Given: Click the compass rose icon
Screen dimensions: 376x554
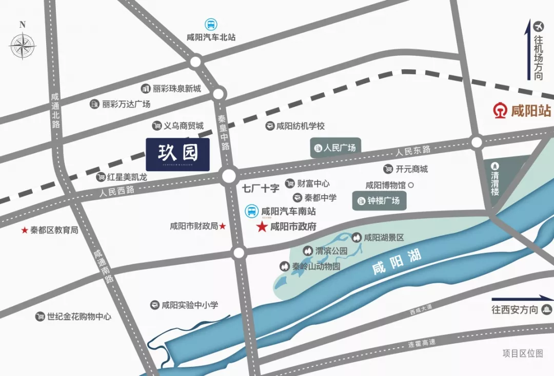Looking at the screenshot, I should [x=23, y=46].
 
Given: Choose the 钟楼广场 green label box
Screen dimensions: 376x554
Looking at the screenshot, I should [x=379, y=200].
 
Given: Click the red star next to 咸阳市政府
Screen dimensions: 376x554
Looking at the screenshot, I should [x=262, y=226].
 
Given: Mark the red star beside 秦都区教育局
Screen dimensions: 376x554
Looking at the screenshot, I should [x=24, y=231].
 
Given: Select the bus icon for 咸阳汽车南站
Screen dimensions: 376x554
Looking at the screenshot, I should [x=251, y=211].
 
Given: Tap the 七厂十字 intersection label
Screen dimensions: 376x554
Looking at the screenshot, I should [x=261, y=188].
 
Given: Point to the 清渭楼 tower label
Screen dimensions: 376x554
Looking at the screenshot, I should [x=495, y=179].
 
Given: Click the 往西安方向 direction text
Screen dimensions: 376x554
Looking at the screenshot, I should [x=515, y=309].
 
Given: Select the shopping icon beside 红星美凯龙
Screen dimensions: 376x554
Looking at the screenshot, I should [x=101, y=177].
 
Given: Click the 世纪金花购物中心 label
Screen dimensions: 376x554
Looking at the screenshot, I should [x=79, y=317].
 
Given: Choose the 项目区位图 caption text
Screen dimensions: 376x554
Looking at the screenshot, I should [x=522, y=353].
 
